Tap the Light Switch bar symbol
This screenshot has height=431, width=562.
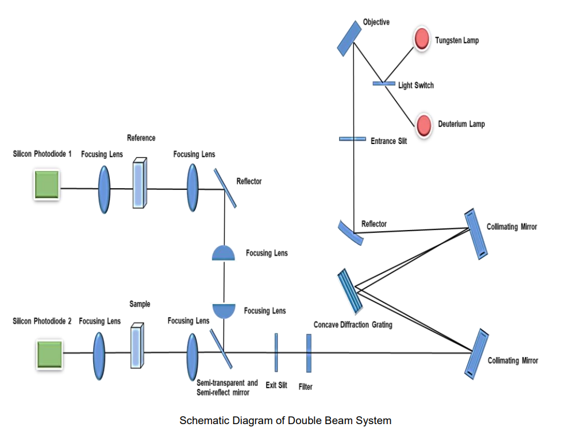[384, 84]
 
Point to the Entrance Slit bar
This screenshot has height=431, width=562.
[352, 138]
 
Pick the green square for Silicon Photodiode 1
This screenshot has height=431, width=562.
[46, 184]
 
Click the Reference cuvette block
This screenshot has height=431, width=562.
[140, 183]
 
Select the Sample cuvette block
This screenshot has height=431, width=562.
[137, 345]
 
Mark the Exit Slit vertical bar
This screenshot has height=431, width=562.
[276, 353]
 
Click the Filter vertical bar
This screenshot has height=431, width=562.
[309, 353]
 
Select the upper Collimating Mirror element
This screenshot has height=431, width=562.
[476, 233]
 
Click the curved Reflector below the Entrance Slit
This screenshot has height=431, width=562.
[350, 232]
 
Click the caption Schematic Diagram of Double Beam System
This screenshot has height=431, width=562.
[285, 421]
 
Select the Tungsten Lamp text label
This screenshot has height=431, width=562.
[456, 41]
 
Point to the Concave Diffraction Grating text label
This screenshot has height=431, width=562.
[353, 325]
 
